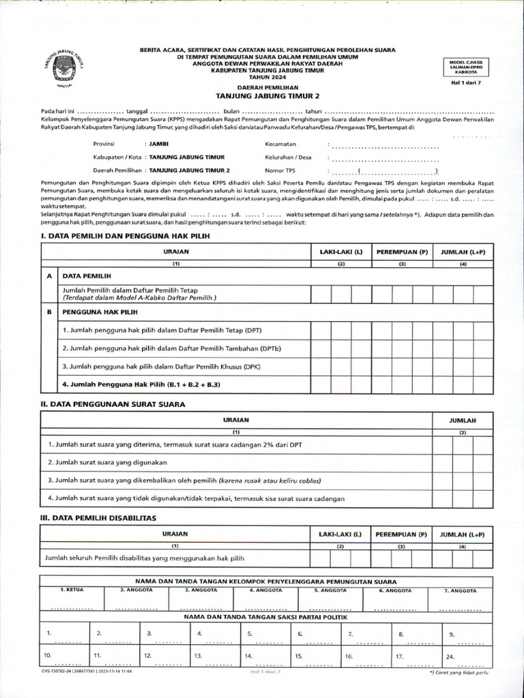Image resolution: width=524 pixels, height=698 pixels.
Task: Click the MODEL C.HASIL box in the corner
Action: tap(466, 66)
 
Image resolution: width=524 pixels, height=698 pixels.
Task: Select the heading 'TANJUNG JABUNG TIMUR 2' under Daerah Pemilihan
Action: tap(262, 96)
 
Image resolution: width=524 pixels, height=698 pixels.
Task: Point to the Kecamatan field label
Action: tap(280, 145)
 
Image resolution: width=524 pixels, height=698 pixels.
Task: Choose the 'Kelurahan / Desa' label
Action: tap(288, 157)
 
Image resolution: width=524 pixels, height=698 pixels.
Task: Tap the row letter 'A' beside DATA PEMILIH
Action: tap(49, 277)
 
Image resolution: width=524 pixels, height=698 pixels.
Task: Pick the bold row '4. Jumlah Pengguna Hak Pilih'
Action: tap(142, 384)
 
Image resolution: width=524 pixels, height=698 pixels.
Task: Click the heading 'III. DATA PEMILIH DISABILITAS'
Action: tap(100, 518)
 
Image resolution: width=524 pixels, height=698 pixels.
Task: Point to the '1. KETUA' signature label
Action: tap(72, 589)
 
